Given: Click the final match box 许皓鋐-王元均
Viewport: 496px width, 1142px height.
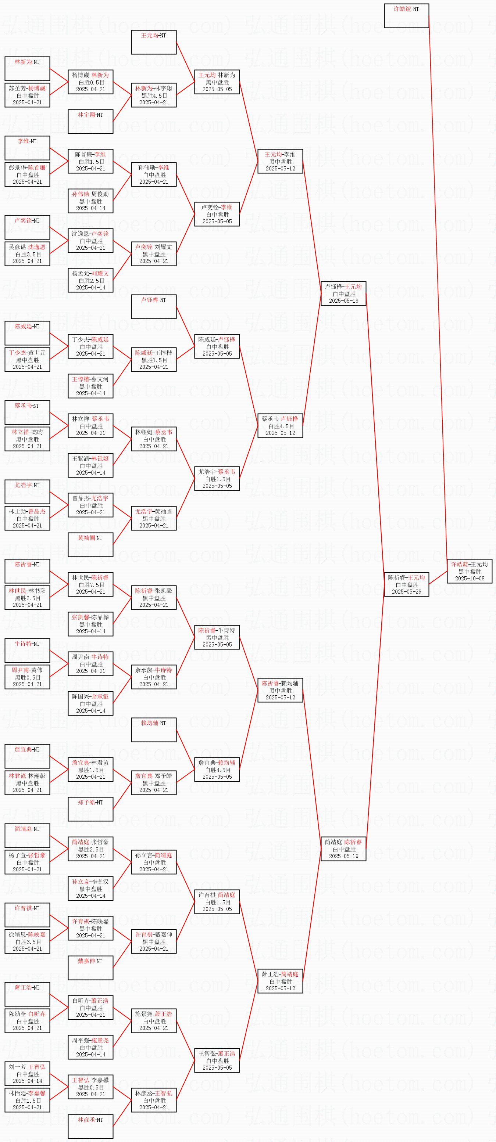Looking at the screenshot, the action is click(x=470, y=571).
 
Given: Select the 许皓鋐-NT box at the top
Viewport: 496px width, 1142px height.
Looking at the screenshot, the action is click(x=406, y=15).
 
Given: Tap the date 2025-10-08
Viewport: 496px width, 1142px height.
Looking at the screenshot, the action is click(x=470, y=578).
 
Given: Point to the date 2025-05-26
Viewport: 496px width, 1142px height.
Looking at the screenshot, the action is click(x=406, y=591).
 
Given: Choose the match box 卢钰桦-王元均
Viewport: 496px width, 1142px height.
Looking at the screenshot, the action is click(x=343, y=293).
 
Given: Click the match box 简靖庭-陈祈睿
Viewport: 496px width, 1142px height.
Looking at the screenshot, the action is click(x=343, y=849).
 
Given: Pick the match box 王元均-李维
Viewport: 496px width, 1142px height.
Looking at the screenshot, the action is click(x=281, y=161).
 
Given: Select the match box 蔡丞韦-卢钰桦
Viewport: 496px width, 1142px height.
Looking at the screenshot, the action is click(x=281, y=426).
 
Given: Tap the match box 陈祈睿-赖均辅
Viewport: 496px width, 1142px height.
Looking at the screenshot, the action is click(x=281, y=690).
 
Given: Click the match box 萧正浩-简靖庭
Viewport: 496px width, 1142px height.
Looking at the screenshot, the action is click(x=281, y=981).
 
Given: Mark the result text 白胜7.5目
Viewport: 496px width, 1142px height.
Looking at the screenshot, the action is click(x=91, y=584).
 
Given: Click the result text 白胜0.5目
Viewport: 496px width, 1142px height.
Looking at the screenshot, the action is click(x=91, y=82).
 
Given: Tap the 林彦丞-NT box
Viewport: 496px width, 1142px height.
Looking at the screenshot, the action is click(x=90, y=1126).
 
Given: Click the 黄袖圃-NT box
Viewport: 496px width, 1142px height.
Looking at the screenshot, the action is click(x=90, y=544).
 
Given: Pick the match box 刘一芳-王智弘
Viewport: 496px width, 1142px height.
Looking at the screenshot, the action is click(x=28, y=1073).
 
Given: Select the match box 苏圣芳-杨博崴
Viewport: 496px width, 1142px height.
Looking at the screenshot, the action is click(x=28, y=95).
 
